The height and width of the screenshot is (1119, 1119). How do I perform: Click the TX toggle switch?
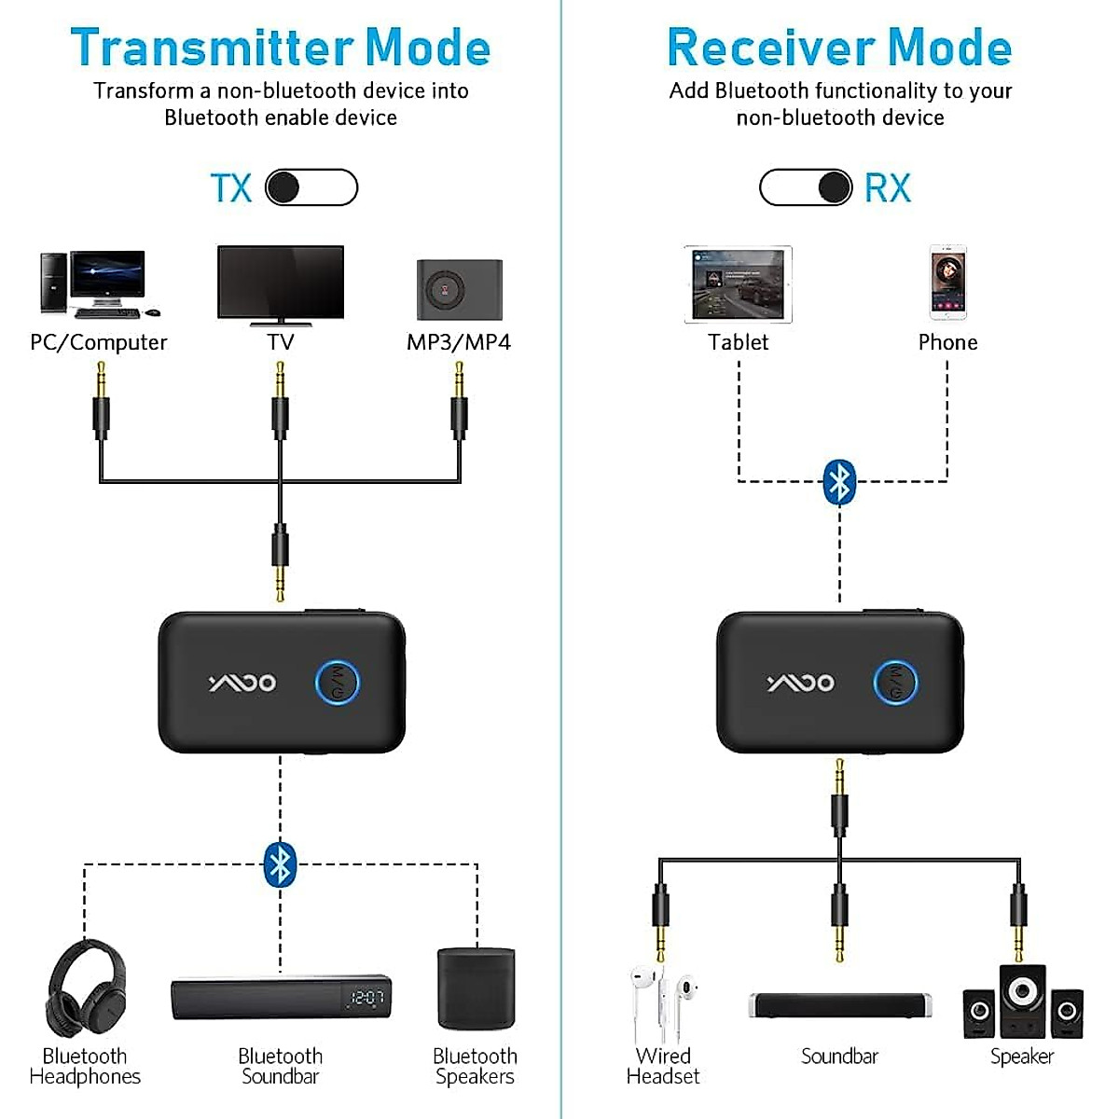pyautogui.click(x=311, y=187)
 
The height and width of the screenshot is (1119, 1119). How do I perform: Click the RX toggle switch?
pyautogui.click(x=806, y=187)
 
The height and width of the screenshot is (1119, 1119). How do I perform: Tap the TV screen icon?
pyautogui.click(x=280, y=282)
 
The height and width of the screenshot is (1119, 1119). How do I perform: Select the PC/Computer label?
pyautogui.click(x=99, y=342)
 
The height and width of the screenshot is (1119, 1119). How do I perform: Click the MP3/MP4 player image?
pyautogui.click(x=459, y=289)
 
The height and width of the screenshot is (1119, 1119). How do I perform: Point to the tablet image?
pyautogui.click(x=738, y=284)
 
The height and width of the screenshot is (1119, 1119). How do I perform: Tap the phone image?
pyautogui.click(x=947, y=283)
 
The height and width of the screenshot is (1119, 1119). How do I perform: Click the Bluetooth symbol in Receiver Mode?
pyautogui.click(x=840, y=482)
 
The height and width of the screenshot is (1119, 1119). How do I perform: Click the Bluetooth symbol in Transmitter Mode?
pyautogui.click(x=280, y=863)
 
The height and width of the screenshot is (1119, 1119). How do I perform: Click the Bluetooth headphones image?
pyautogui.click(x=85, y=988)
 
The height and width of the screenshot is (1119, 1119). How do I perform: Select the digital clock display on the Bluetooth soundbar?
pyautogui.click(x=366, y=999)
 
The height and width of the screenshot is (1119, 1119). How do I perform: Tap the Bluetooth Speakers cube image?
pyautogui.click(x=476, y=988)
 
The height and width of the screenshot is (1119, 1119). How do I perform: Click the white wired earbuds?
pyautogui.click(x=663, y=1002)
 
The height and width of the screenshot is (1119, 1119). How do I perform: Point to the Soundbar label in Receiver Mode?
pyautogui.click(x=839, y=1057)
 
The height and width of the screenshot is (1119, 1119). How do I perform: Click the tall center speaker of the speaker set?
pyautogui.click(x=1022, y=1001)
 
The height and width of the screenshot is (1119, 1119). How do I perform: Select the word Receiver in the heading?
pyautogui.click(x=770, y=48)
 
